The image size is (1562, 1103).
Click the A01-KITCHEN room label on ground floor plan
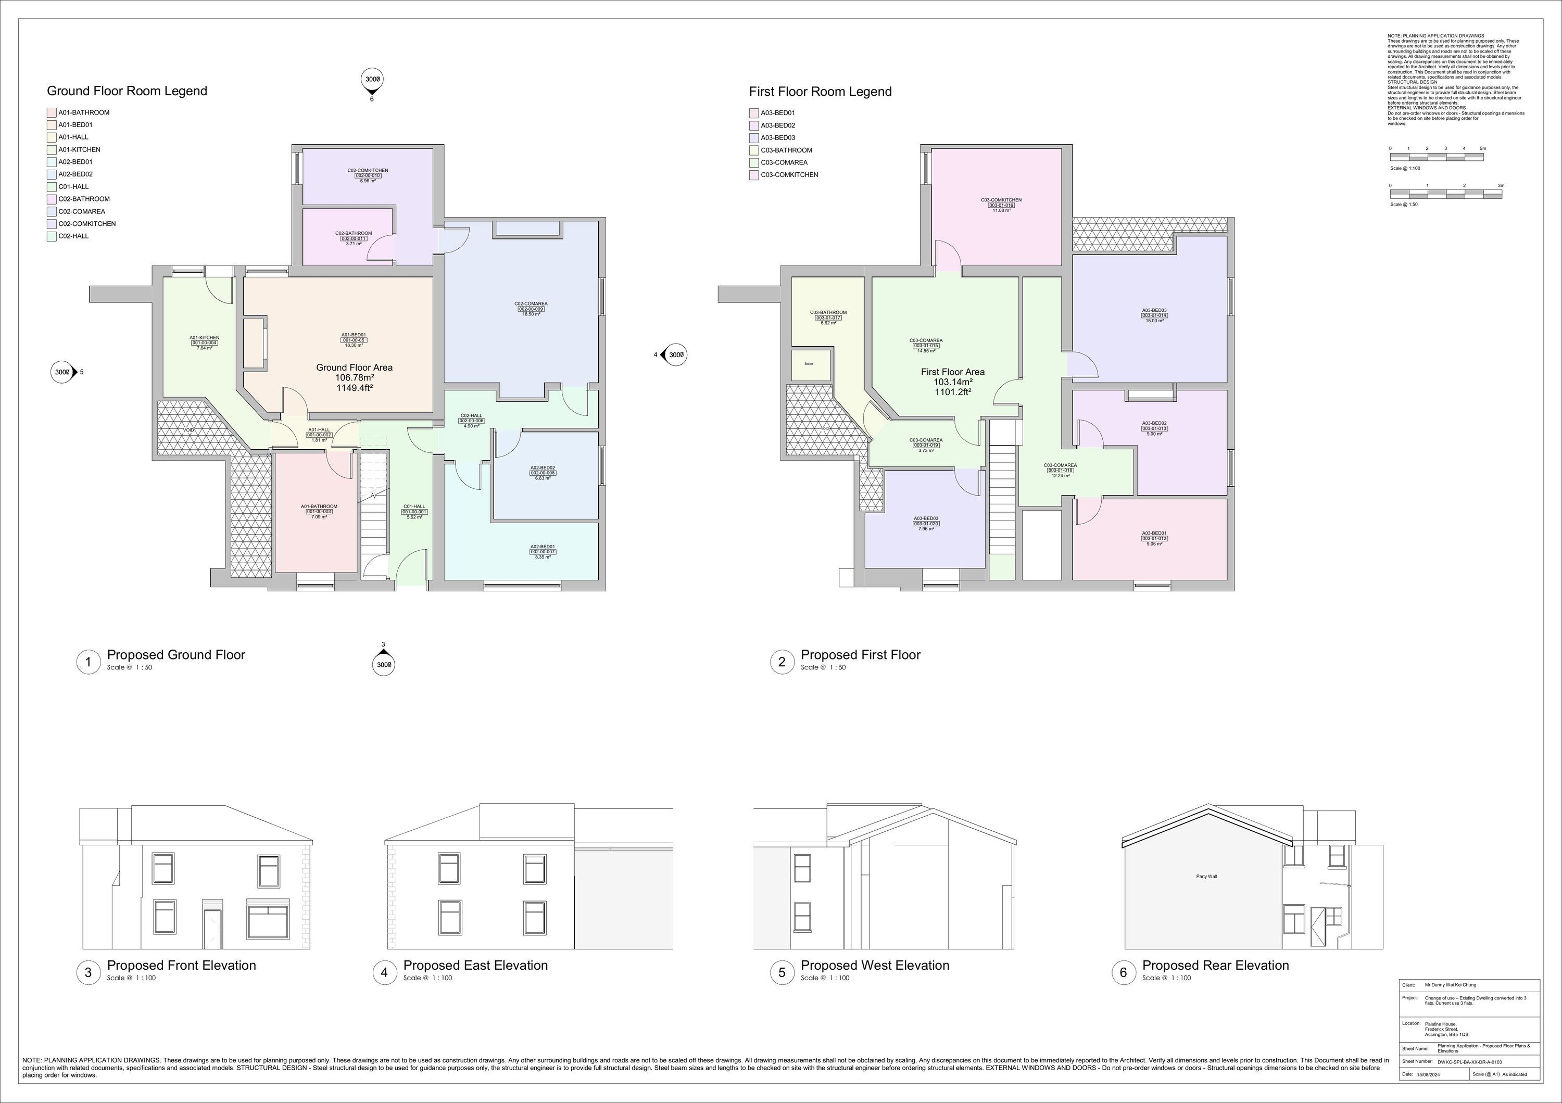(204, 338)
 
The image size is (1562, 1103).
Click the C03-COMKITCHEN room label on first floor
(1001, 200)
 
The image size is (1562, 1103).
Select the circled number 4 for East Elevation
(384, 972)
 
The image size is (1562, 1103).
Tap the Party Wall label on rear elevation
(1206, 877)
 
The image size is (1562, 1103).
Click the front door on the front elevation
(213, 928)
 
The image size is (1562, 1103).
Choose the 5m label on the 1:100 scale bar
(1482, 148)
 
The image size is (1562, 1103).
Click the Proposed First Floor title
(860, 655)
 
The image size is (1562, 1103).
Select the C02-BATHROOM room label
(353, 233)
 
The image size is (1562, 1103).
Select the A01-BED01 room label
(353, 335)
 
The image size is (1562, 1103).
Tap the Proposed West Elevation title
(874, 966)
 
